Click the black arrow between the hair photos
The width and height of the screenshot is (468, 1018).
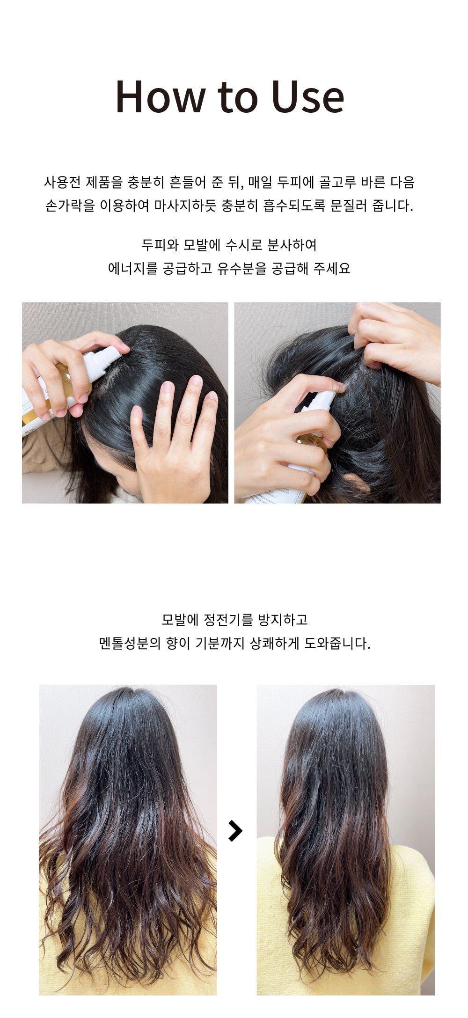tap(235, 831)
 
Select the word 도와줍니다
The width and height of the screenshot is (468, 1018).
tap(337, 643)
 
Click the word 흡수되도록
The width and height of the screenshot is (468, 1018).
tap(294, 205)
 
